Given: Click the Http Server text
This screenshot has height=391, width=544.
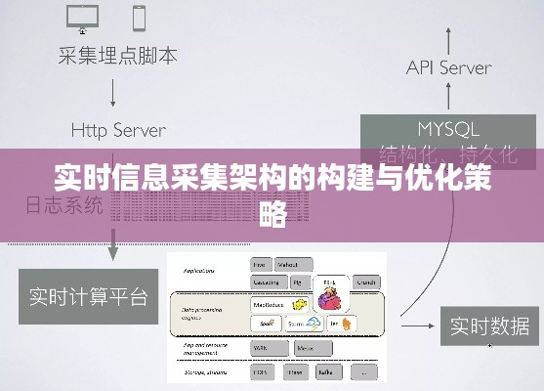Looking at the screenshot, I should coord(118,129).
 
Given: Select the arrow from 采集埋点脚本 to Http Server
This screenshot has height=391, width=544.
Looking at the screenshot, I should coord(115,92).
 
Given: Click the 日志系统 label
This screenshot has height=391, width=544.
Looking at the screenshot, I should coord(63,204).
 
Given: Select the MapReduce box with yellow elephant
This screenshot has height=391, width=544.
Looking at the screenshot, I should coord(279,304).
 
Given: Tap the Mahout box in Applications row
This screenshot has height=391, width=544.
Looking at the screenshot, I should coord(289,264).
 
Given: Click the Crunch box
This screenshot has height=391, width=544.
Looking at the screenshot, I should coord(366,282).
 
